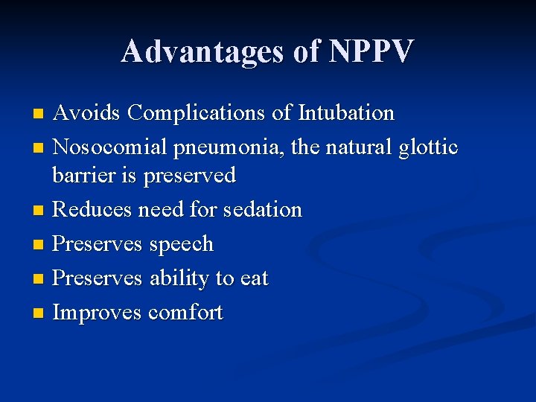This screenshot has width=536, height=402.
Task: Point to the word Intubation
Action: [346, 113]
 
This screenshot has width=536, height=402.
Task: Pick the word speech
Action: [181, 245]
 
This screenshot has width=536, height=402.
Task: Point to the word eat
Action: [253, 278]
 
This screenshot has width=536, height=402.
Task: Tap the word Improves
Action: [97, 313]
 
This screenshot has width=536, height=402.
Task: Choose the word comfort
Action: [185, 313]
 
